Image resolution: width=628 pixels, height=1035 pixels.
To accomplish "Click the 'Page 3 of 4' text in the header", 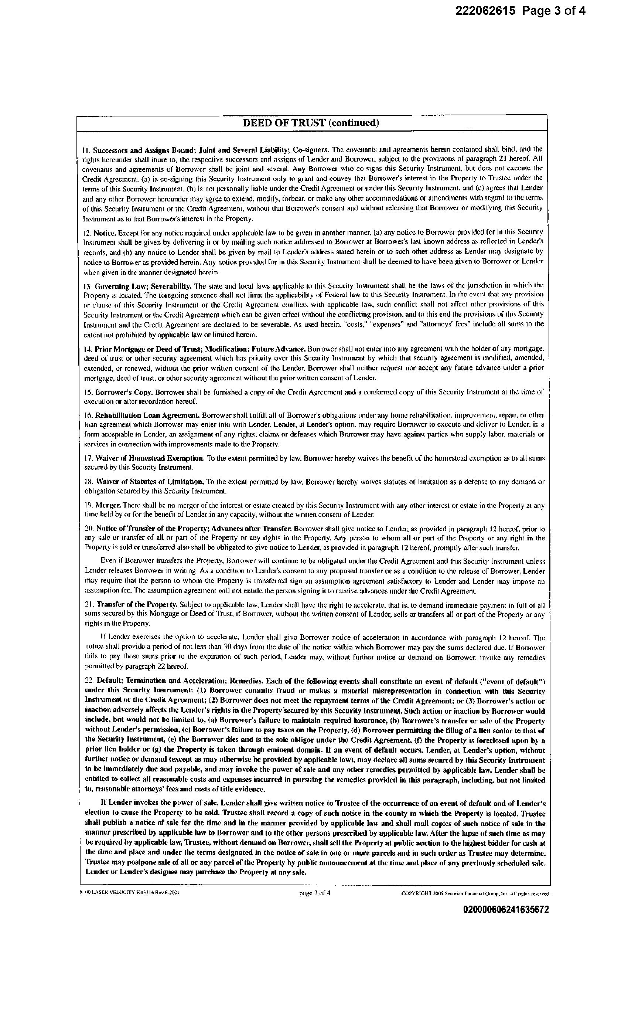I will [554, 11].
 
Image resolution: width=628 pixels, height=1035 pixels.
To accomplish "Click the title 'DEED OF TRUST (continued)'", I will [311, 123].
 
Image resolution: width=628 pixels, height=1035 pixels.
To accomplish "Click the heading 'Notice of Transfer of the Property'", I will [152, 529].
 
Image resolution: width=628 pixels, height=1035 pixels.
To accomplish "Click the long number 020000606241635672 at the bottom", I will [506, 909].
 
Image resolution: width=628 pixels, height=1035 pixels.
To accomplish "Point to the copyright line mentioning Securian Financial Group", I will [475, 894].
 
